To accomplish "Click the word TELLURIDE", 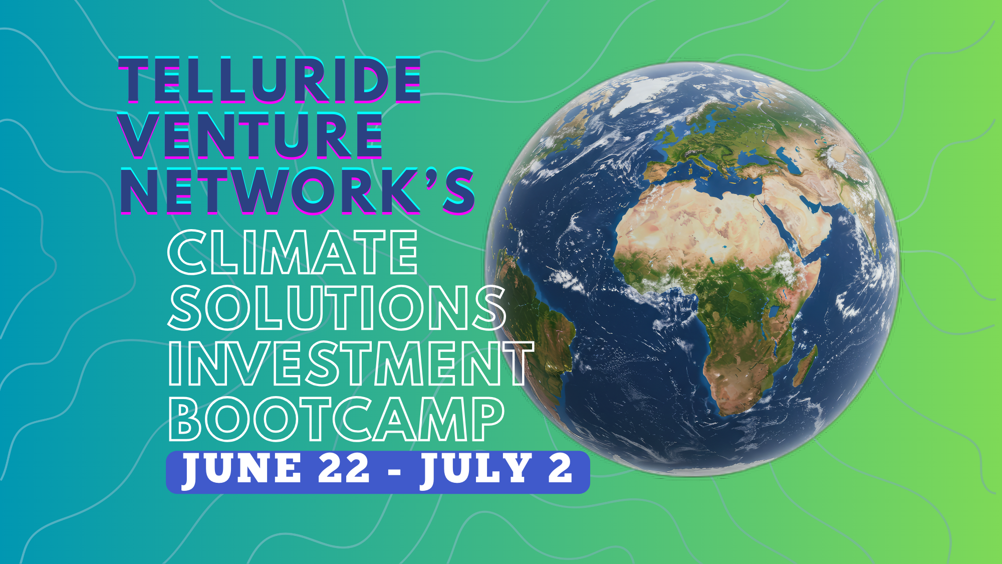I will click(x=269, y=80).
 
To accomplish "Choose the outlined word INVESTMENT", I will click(x=351, y=363).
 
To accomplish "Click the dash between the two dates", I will click(x=395, y=471).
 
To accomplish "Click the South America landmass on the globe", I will click(x=541, y=321).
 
